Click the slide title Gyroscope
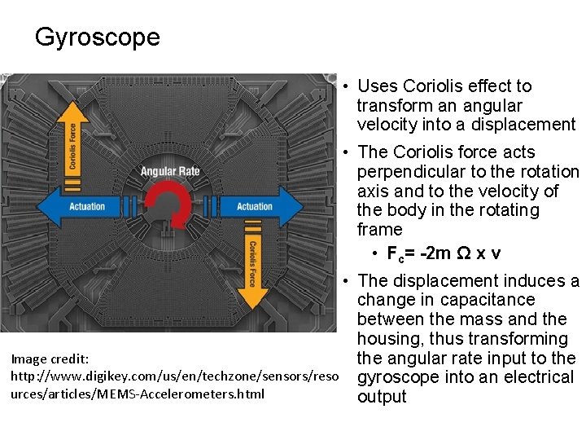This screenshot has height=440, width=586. tap(98, 37)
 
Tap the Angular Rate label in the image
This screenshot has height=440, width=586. tap(169, 171)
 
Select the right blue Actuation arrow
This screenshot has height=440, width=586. tap(260, 206)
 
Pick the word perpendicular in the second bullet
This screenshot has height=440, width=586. tap(409, 171)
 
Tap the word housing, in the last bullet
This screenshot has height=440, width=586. tap(389, 338)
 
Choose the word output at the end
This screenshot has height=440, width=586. tap(381, 397)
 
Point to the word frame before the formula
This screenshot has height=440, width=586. tap(379, 230)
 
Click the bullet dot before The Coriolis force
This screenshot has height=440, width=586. tap(346, 152)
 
